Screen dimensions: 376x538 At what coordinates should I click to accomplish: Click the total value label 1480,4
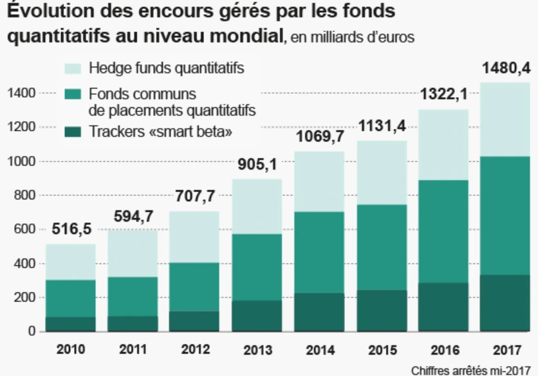pyautogui.click(x=505, y=67)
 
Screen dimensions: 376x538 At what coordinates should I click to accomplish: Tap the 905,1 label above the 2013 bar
pyautogui.click(x=257, y=165)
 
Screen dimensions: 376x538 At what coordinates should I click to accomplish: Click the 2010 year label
pyautogui.click(x=71, y=350)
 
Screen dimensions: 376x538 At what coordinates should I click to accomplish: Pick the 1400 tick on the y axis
pyautogui.click(x=20, y=94)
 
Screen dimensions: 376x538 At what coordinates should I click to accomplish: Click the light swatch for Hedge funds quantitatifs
pyautogui.click(x=73, y=68)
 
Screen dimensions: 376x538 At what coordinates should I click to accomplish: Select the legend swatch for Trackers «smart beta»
pyautogui.click(x=73, y=133)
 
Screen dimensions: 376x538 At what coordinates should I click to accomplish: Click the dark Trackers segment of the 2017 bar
pyautogui.click(x=505, y=303)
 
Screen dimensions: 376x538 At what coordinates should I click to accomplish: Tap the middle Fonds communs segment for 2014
pyautogui.click(x=319, y=252)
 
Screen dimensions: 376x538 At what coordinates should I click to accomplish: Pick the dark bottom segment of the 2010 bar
pyautogui.click(x=71, y=324)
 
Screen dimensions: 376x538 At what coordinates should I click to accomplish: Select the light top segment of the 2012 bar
pyautogui.click(x=195, y=237)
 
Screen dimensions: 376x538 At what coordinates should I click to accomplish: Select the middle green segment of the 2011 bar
pyautogui.click(x=133, y=296)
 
